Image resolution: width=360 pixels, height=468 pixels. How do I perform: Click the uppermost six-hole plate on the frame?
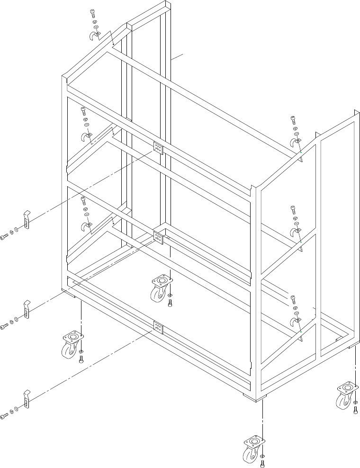click(158, 148)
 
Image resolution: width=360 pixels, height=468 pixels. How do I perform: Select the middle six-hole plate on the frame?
click(158, 237)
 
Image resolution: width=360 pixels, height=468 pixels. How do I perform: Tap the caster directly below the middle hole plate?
click(161, 288)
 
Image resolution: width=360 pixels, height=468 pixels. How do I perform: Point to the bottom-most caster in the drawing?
click(253, 450)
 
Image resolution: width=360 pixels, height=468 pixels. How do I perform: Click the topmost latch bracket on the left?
click(27, 219)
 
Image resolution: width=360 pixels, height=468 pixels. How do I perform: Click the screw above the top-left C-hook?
click(92, 13)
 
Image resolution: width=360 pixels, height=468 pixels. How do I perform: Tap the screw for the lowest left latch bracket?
click(4, 416)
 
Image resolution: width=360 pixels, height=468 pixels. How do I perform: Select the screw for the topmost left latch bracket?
click(4, 237)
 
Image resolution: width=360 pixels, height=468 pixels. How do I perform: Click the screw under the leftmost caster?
click(81, 360)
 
